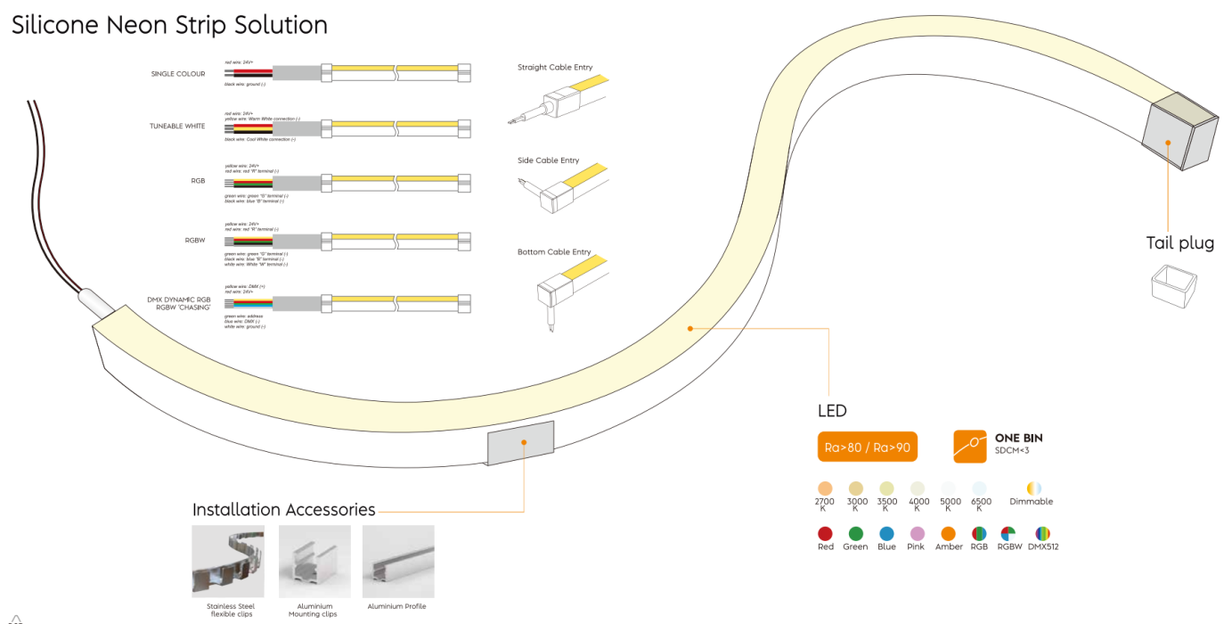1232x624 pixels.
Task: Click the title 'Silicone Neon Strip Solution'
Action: (x=169, y=25)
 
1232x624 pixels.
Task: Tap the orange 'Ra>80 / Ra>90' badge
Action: (x=867, y=447)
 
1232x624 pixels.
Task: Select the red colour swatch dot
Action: (x=825, y=533)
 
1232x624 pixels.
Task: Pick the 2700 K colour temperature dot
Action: (x=825, y=489)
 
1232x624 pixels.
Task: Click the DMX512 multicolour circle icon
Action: (x=1041, y=533)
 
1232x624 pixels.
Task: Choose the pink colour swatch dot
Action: (x=917, y=533)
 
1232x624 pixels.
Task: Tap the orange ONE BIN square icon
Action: (x=969, y=446)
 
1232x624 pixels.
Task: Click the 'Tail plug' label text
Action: (x=1179, y=242)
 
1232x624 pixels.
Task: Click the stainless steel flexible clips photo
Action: (x=227, y=562)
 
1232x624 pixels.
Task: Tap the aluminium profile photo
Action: (x=398, y=562)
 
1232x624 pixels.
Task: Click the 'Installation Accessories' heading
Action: (x=283, y=510)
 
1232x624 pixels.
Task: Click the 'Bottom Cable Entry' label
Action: (x=554, y=252)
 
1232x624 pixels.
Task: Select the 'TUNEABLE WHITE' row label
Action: (x=177, y=127)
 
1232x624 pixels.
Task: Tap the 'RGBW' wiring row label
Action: (x=195, y=241)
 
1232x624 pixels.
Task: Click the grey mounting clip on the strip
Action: (x=521, y=442)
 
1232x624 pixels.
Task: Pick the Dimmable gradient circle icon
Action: (x=1033, y=489)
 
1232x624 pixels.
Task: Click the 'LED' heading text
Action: (x=832, y=411)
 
